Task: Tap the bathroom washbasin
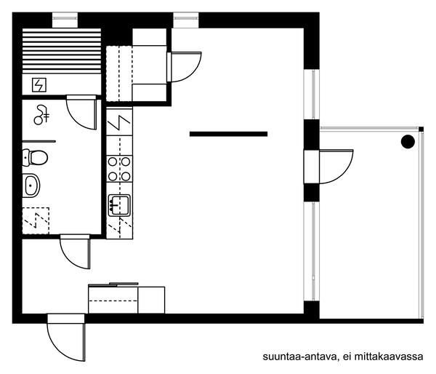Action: pyautogui.click(x=31, y=186)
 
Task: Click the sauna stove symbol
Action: pyautogui.click(x=39, y=85)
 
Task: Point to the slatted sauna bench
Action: pyautogui.click(x=62, y=51)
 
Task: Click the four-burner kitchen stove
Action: pyautogui.click(x=119, y=169)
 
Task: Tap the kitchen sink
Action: pyautogui.click(x=119, y=205)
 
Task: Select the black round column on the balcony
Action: pyautogui.click(x=408, y=141)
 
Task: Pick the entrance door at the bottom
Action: pyautogui.click(x=66, y=338)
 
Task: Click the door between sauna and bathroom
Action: pyautogui.click(x=81, y=112)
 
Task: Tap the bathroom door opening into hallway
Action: pyautogui.click(x=75, y=252)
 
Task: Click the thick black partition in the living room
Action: pyautogui.click(x=229, y=134)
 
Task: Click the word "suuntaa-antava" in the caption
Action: pyautogui.click(x=299, y=357)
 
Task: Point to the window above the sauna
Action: pyautogui.click(x=65, y=20)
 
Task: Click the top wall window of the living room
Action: pyautogui.click(x=186, y=20)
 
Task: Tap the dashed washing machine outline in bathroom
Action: pyautogui.click(x=36, y=220)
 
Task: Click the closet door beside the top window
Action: pyautogui.click(x=184, y=67)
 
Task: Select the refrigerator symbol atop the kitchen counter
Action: pyautogui.click(x=119, y=122)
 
